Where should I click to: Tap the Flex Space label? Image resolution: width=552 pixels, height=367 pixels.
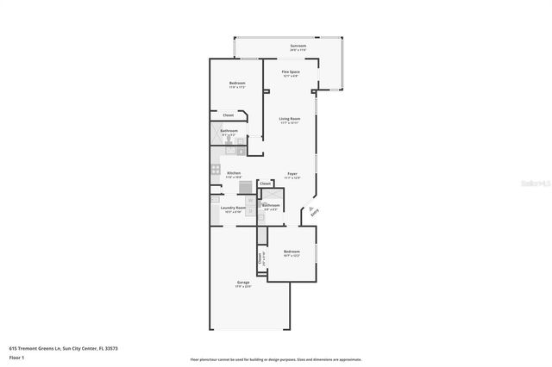[x=290, y=72]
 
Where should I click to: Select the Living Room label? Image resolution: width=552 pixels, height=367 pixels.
[x=289, y=119]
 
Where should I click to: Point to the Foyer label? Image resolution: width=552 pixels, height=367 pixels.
[x=292, y=173]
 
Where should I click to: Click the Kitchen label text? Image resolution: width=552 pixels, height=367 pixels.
[x=233, y=173]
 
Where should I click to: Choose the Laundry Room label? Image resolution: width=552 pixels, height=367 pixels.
[x=234, y=207]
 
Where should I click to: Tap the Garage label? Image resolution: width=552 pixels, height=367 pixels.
[x=243, y=283]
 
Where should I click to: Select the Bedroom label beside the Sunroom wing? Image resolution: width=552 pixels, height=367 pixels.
[x=237, y=84]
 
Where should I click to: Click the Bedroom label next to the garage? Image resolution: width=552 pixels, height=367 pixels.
[x=292, y=252]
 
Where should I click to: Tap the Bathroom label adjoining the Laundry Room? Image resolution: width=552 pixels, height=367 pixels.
[x=271, y=205]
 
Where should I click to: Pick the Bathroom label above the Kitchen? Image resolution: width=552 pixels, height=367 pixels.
[x=229, y=131]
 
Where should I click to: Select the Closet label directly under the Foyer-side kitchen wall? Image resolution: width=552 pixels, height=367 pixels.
[x=266, y=183]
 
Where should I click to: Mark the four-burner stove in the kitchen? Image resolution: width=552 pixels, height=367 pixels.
[x=215, y=170]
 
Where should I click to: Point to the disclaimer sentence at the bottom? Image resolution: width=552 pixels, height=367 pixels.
[x=276, y=358]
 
